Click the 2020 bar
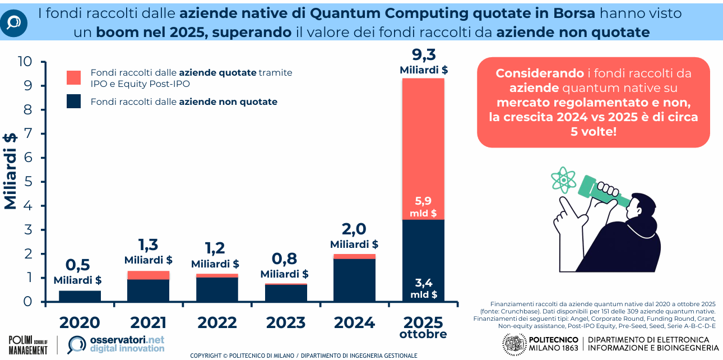(80, 296)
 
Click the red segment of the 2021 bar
(149, 275)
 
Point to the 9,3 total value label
(424, 55)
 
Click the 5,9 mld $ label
(424, 206)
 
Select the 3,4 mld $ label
(424, 287)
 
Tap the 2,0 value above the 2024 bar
(354, 229)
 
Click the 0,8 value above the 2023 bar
(284, 259)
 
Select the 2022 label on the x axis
(217, 322)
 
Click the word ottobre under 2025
(423, 335)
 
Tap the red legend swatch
(73, 77)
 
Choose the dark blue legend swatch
(73, 101)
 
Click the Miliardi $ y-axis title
(11, 171)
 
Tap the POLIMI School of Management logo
(28, 344)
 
